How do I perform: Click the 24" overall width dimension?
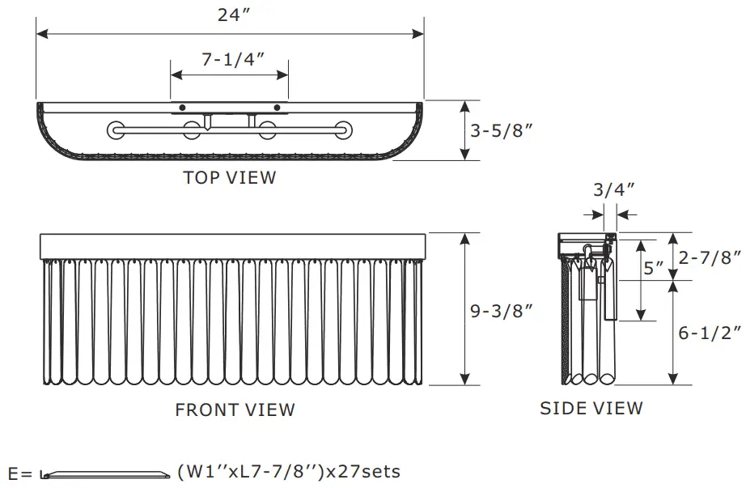(x=231, y=15)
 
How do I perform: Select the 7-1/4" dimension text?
(x=231, y=60)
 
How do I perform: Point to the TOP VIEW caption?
(x=230, y=177)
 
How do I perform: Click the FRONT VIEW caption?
(x=235, y=409)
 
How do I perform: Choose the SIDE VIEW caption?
(x=591, y=408)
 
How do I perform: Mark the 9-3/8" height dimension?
(x=501, y=310)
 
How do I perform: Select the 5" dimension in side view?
(x=654, y=268)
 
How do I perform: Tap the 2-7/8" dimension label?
(x=710, y=257)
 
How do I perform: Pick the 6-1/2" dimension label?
(x=710, y=333)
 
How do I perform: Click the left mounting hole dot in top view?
(x=183, y=108)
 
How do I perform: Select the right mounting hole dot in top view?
(x=277, y=108)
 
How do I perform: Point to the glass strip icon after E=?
(x=104, y=475)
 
